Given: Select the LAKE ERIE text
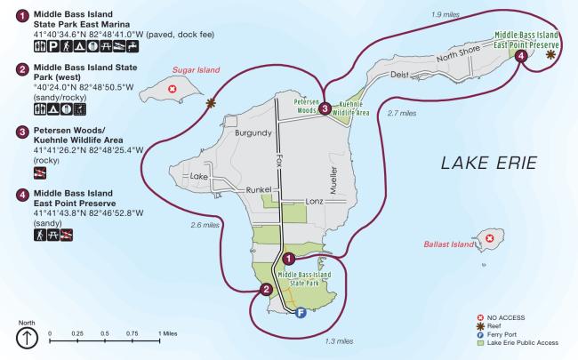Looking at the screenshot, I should point(484,164).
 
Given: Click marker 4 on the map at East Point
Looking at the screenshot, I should point(521,55).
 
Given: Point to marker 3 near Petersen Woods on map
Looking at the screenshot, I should point(326,108).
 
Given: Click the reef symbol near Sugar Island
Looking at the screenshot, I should point(211,103).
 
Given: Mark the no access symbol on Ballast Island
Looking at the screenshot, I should point(488,236).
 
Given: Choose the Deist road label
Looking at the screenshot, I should point(401,76).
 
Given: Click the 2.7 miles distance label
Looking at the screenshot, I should point(403,113).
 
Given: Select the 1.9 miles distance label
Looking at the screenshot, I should point(444,15).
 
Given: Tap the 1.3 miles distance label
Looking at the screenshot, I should point(339,342).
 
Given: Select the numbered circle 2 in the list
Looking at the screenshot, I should point(21,68).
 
